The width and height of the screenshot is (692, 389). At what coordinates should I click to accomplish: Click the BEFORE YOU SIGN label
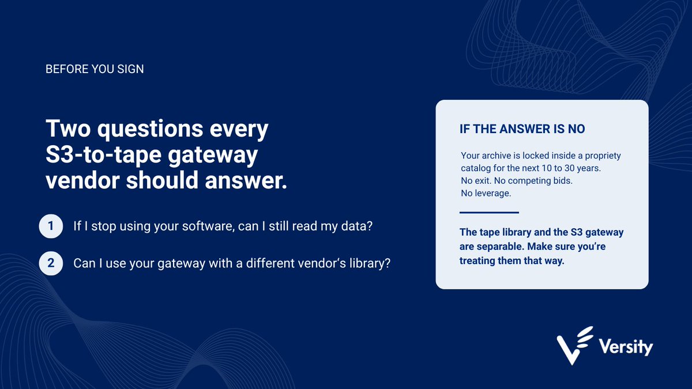click(x=95, y=69)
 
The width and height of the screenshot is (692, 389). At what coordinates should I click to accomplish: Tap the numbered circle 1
click(x=51, y=226)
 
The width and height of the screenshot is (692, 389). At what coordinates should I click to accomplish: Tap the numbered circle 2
click(x=51, y=263)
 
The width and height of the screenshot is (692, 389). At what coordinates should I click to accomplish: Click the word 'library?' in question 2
click(x=370, y=263)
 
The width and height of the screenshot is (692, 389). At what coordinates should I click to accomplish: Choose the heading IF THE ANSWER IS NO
click(x=522, y=129)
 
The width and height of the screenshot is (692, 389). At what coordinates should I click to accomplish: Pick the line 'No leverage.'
click(x=486, y=193)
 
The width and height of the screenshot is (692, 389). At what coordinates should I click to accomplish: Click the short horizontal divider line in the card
click(x=489, y=213)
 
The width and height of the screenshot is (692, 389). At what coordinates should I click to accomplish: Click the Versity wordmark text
click(x=626, y=348)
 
